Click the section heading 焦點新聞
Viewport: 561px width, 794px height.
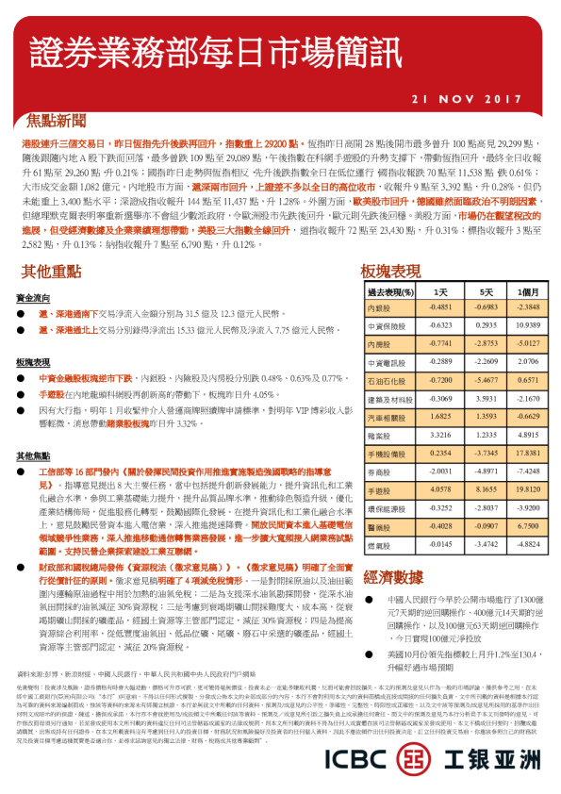point(58,121)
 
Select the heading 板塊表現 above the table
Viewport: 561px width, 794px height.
point(390,272)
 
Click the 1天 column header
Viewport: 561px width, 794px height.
point(439,293)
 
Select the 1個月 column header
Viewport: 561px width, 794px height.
point(528,293)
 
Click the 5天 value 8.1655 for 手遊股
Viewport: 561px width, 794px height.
point(485,490)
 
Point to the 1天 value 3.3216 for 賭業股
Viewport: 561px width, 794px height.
point(439,437)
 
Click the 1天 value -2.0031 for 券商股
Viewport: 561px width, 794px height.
point(439,471)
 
